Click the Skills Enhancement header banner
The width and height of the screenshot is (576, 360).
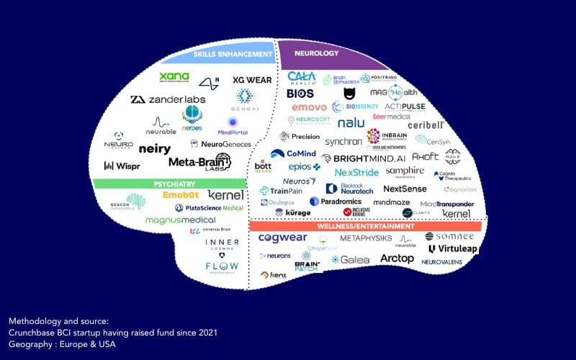[x=230, y=54]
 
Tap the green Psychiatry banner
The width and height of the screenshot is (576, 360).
[x=175, y=184]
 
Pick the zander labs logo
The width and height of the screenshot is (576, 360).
[x=165, y=99]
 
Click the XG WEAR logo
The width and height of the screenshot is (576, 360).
[x=252, y=80]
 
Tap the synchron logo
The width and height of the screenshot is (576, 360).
[x=343, y=142]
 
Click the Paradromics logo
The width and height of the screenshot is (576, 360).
[x=336, y=202]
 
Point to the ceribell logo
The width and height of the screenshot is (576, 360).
[x=426, y=125]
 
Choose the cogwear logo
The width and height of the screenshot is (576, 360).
[x=283, y=238]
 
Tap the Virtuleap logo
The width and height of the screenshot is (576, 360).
[x=452, y=249]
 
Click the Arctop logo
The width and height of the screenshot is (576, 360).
[x=397, y=258]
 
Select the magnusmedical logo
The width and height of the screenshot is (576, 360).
[x=180, y=220]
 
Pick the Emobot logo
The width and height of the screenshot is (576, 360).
[x=176, y=195]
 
